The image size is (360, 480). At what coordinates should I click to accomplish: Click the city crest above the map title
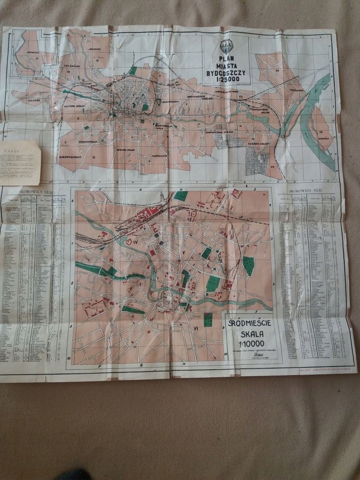pyautogui.click(x=227, y=46)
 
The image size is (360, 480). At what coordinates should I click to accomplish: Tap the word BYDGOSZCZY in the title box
pyautogui.click(x=226, y=73)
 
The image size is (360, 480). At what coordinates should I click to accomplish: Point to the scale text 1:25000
pyautogui.click(x=227, y=80)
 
